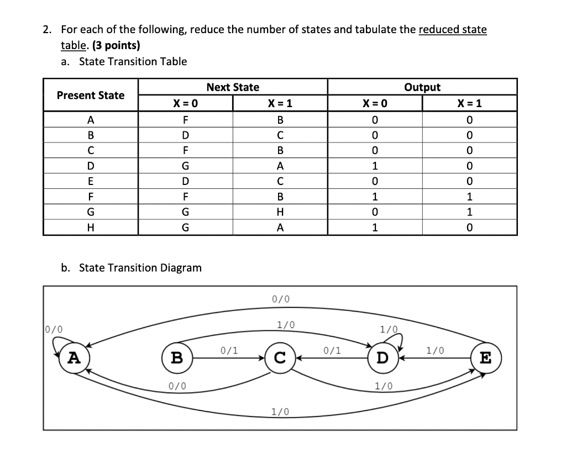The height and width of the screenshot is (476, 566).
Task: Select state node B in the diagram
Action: pyautogui.click(x=176, y=357)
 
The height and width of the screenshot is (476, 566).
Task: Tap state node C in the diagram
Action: pyautogui.click(x=280, y=357)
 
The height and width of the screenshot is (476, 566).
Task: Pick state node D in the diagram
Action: pyautogui.click(x=382, y=357)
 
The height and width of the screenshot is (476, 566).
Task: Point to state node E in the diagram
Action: pyautogui.click(x=485, y=357)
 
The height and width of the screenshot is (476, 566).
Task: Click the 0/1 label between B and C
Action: pyautogui.click(x=229, y=350)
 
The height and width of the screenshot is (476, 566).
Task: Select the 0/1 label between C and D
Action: pyautogui.click(x=332, y=350)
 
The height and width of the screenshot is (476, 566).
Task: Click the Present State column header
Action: pyautogui.click(x=91, y=95)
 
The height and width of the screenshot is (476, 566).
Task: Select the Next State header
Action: pyautogui.click(x=232, y=87)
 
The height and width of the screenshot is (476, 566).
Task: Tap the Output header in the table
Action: pyautogui.click(x=422, y=87)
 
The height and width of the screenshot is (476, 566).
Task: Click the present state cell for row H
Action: pyautogui.click(x=91, y=227)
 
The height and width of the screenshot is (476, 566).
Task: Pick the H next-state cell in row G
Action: pyautogui.click(x=280, y=211)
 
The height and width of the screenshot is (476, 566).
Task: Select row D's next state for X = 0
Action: pyautogui.click(x=185, y=165)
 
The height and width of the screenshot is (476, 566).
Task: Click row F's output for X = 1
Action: pyautogui.click(x=469, y=196)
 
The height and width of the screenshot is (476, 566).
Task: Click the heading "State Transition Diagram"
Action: pyautogui.click(x=140, y=268)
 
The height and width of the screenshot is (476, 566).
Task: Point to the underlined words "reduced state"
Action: pyautogui.click(x=453, y=29)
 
